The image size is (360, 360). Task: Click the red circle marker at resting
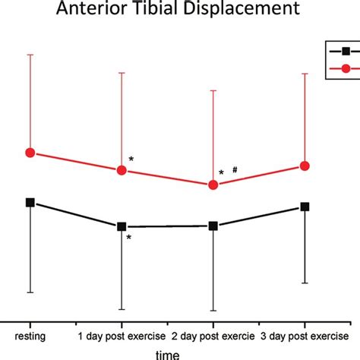pyautogui.click(x=30, y=153)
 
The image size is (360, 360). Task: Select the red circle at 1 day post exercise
pyautogui.click(x=122, y=169)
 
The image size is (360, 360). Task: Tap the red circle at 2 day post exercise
pyautogui.click(x=213, y=185)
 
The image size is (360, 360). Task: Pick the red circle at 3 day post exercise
pyautogui.click(x=305, y=166)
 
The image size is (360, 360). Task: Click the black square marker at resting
pyautogui.click(x=30, y=202)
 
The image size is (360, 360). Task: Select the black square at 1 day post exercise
pyautogui.click(x=122, y=226)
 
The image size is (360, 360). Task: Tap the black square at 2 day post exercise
pyautogui.click(x=213, y=226)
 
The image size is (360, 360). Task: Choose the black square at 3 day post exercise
pyautogui.click(x=305, y=207)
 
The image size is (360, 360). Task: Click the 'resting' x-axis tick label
pyautogui.click(x=30, y=335)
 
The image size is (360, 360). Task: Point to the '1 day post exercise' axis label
pyautogui.click(x=122, y=335)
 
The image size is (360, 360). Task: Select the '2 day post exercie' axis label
pyautogui.click(x=213, y=335)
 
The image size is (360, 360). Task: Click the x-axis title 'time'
pyautogui.click(x=168, y=353)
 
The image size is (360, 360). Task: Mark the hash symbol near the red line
pyautogui.click(x=235, y=171)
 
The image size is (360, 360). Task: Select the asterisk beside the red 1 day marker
pyautogui.click(x=131, y=159)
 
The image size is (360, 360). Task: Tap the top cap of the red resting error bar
pyautogui.click(x=30, y=55)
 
